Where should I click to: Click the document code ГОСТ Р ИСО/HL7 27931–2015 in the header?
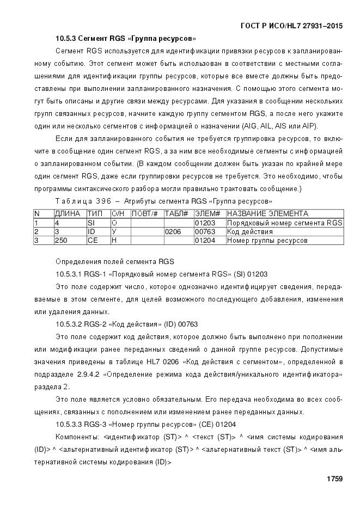pos(291,26)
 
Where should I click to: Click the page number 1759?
pos(334,479)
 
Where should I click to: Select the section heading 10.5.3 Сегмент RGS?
pos(126,39)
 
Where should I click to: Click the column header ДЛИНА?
pos(68,214)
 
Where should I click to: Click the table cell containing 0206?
pos(173,231)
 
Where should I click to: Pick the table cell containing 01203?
pos(205,223)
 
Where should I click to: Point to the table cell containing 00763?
pos(205,231)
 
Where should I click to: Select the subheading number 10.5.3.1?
pos(69,273)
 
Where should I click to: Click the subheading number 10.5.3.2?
pos(69,324)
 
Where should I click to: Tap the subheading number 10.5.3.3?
pos(69,424)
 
